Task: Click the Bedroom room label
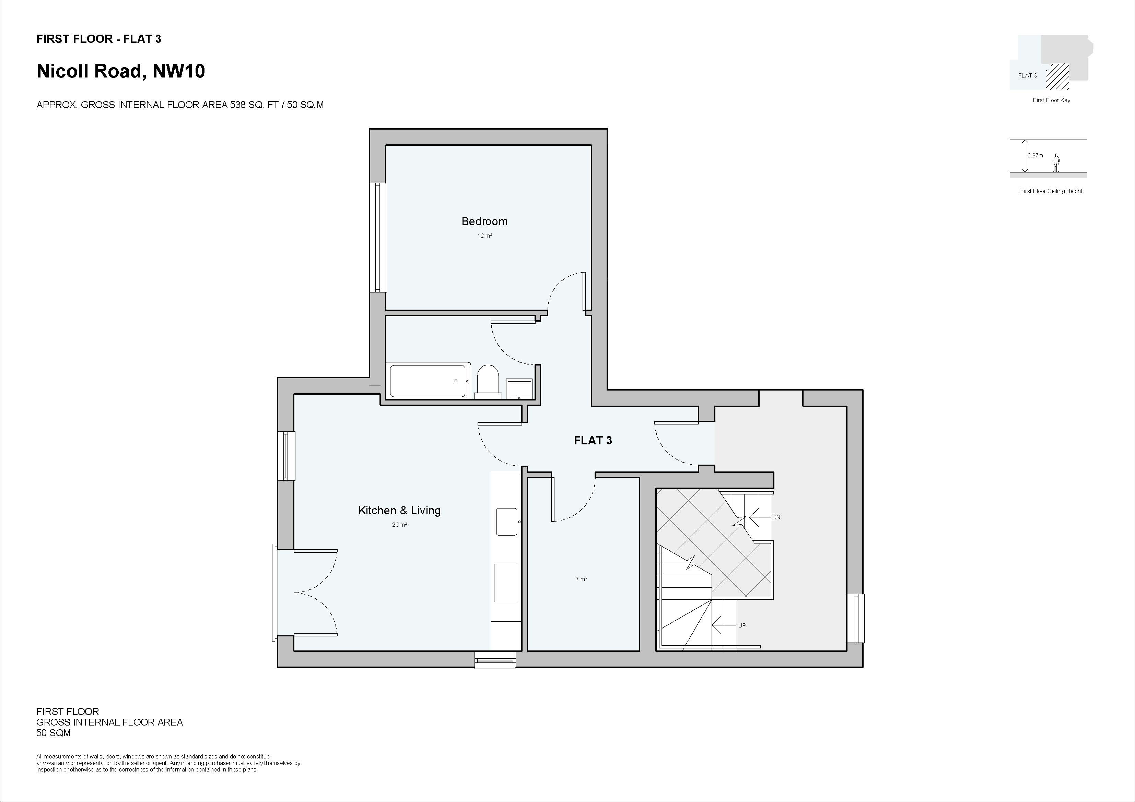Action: (x=484, y=222)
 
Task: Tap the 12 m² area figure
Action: (x=484, y=236)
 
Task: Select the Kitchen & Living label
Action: (x=399, y=511)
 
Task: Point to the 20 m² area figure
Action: (x=399, y=525)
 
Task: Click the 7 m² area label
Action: (x=581, y=579)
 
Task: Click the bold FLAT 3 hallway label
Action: (x=592, y=440)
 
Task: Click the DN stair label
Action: (x=776, y=517)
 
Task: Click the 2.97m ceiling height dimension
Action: (x=1035, y=156)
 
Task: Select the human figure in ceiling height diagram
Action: (x=1056, y=163)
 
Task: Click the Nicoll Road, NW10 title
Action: (x=121, y=71)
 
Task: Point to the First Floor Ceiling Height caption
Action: (x=1051, y=191)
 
